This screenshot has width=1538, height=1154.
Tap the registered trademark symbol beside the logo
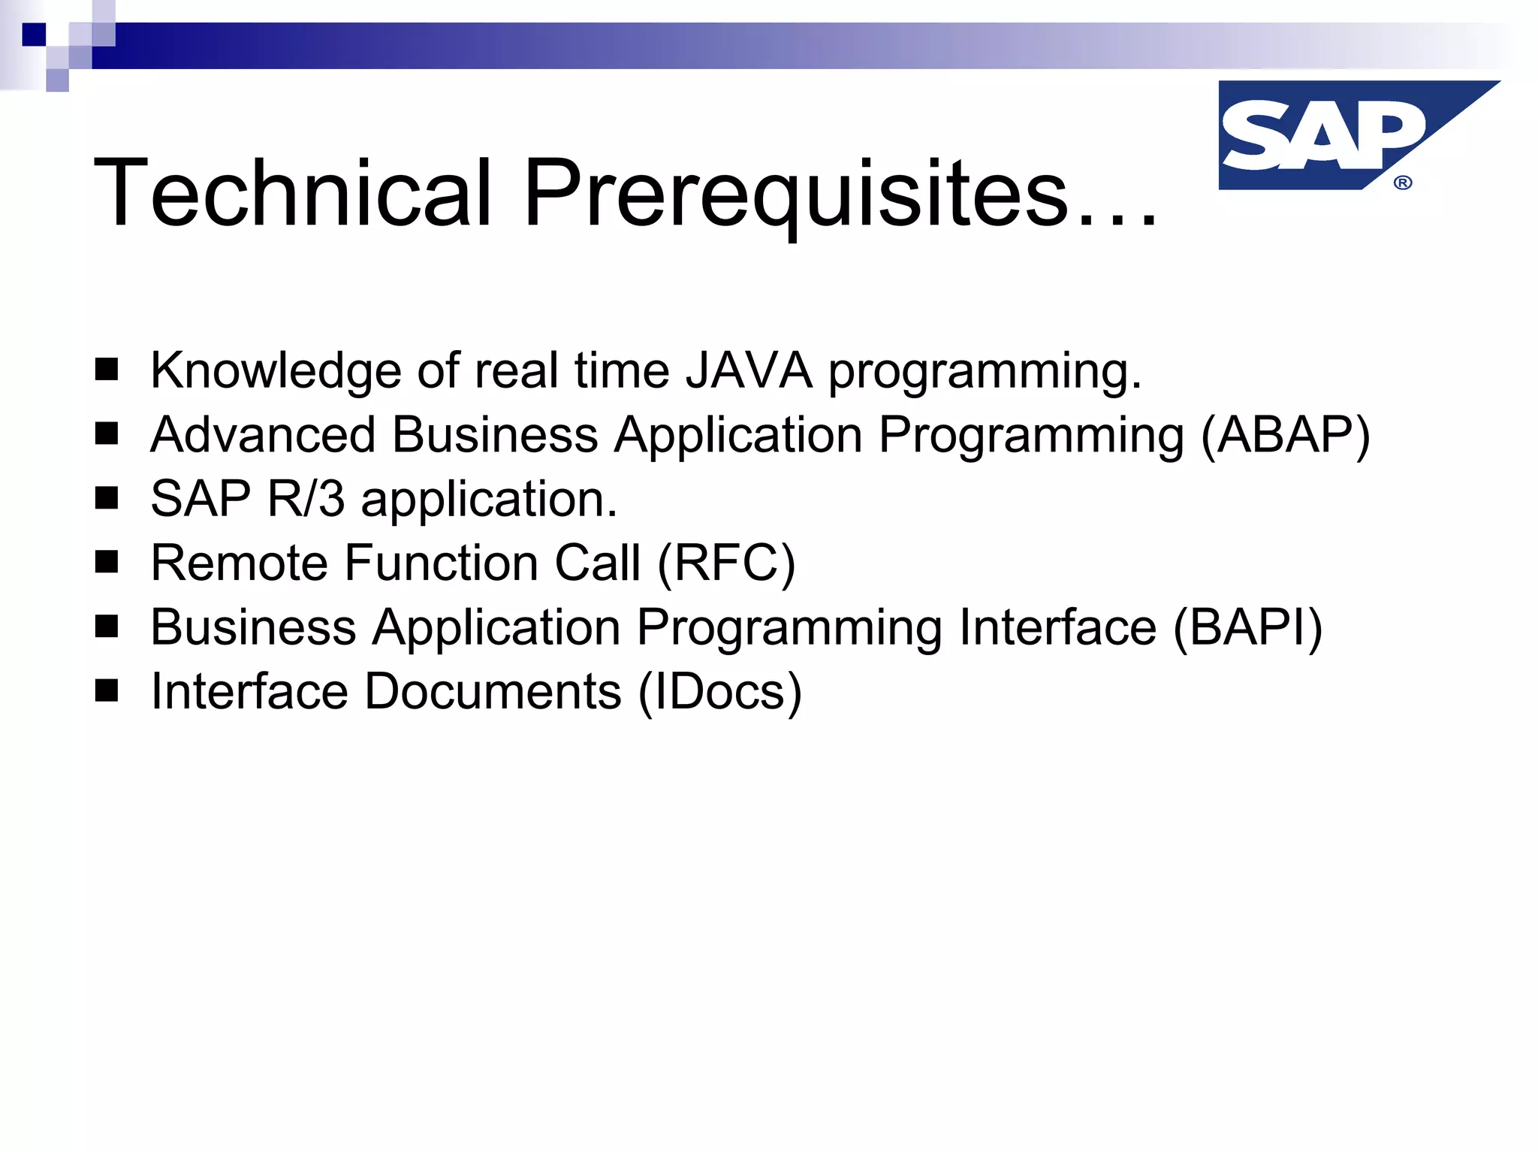tap(1402, 183)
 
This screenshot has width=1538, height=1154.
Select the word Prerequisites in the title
tap(796, 194)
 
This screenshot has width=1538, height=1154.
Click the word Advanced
tap(263, 435)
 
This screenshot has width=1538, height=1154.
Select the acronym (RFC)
tap(726, 563)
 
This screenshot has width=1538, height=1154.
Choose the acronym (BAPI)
tap(1247, 627)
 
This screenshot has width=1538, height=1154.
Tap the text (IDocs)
tap(720, 692)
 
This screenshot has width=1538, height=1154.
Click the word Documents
tap(493, 691)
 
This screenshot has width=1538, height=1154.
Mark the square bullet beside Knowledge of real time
tap(107, 370)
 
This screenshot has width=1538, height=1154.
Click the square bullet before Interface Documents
tap(107, 690)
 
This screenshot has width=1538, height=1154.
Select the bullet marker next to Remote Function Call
tap(107, 562)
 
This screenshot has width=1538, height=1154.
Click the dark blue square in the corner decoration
tap(34, 35)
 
